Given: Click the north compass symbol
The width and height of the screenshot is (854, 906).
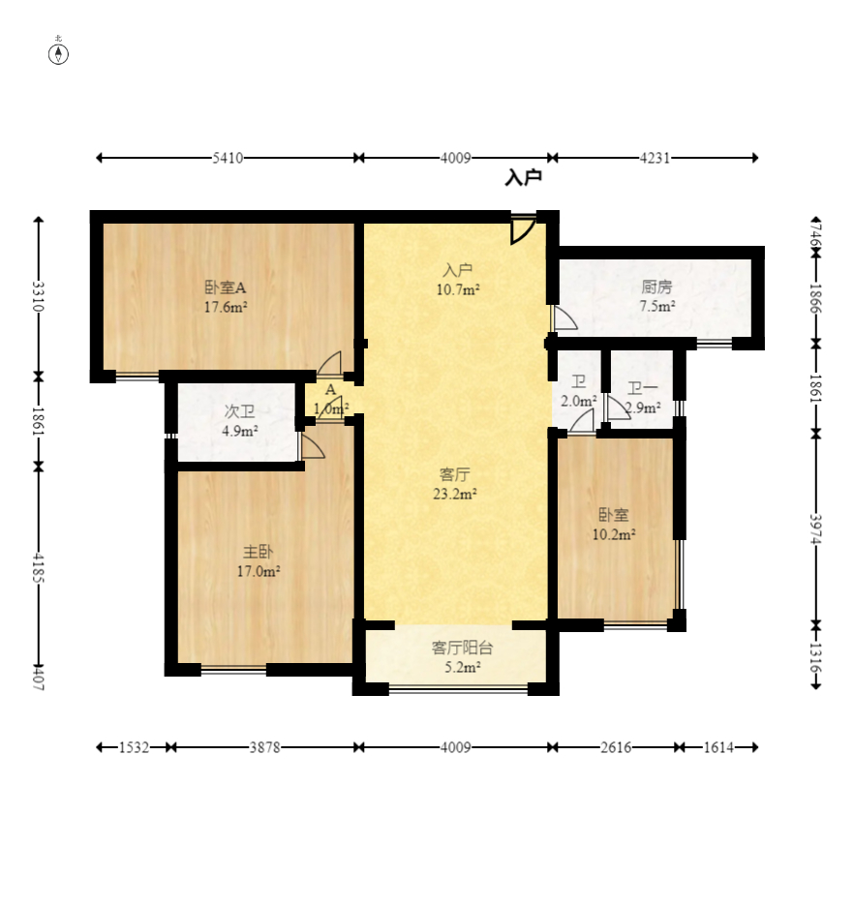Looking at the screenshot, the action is [58, 54].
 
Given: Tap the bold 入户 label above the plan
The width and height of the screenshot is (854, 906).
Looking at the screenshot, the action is [524, 177].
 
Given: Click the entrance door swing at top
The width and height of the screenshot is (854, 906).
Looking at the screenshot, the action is [523, 231].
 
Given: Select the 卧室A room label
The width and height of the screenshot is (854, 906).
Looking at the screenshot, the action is [226, 287].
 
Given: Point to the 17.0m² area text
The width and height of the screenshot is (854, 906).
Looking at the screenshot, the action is [259, 571].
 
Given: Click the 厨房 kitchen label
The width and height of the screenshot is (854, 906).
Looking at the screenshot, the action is [657, 287].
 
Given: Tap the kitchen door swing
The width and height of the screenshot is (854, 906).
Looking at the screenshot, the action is [565, 318].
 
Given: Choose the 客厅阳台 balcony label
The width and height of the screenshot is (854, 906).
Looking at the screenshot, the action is [462, 648].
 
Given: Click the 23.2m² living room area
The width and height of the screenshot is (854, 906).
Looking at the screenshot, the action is [455, 494].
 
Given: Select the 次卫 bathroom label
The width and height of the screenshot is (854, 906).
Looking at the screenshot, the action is [239, 411].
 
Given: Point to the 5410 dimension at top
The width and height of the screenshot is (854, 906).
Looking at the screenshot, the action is [228, 158].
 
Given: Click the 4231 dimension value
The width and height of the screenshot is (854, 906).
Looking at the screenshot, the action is [655, 158].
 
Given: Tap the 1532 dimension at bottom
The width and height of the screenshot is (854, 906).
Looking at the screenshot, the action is [134, 747].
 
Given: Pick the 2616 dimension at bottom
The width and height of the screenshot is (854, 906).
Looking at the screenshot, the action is [616, 747].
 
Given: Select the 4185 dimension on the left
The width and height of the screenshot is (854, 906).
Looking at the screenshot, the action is [38, 567].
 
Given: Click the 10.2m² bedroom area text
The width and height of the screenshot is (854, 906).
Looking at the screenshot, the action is [614, 534].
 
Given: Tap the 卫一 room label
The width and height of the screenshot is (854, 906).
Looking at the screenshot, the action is [643, 388].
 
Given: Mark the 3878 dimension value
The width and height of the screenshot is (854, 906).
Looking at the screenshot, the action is [264, 747].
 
